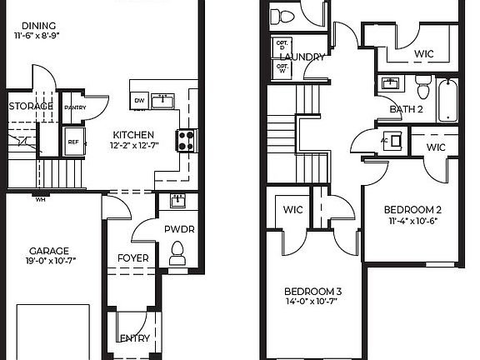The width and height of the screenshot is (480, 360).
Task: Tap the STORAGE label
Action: (31, 107)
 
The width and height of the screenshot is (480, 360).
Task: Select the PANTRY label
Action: (75, 107)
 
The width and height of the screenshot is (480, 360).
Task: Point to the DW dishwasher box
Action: (139, 102)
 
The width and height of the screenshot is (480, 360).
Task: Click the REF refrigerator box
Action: (73, 142)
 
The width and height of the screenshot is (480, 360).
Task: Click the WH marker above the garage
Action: (40, 197)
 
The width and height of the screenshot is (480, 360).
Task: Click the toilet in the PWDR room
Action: (177, 251)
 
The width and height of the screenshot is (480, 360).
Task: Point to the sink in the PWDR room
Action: (177, 201)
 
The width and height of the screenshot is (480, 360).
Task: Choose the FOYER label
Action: (133, 258)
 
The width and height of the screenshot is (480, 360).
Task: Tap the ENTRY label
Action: (133, 338)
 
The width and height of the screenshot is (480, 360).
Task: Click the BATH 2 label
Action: (407, 109)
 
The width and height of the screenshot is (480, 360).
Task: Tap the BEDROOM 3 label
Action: (313, 291)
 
